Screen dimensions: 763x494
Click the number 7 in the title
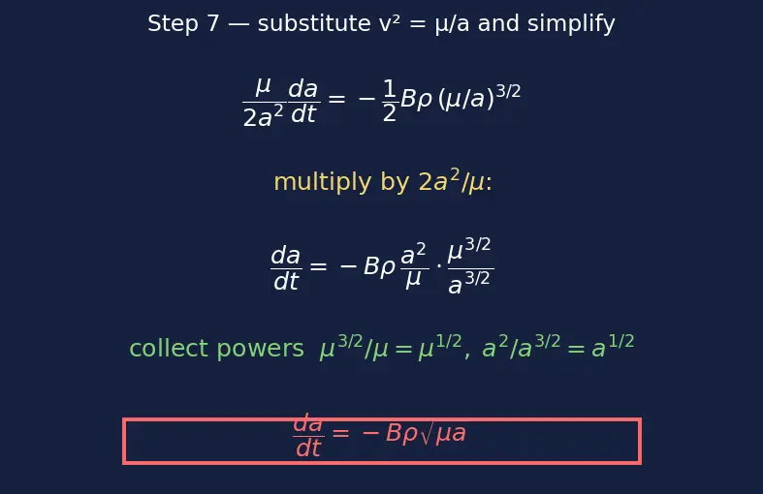coord(212,23)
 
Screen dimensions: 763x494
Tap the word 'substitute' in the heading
coord(314,23)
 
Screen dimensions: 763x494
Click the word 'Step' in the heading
coord(173,24)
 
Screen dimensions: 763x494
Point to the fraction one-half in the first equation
coord(390,101)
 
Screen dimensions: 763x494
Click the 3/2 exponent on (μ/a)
coord(508,91)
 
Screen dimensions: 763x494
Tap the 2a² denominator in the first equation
coord(263,116)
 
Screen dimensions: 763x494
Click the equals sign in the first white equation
coord(336,99)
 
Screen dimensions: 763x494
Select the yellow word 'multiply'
coord(323,182)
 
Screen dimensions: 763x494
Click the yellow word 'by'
coord(395,182)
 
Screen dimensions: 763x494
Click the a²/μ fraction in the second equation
coord(414,265)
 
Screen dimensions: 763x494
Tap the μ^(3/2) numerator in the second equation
coord(469,250)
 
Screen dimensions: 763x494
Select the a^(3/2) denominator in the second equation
coord(469,283)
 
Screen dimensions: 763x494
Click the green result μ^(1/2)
coord(440,347)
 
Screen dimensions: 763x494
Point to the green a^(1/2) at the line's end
coord(613,347)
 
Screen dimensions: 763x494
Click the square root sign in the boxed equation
coord(426,434)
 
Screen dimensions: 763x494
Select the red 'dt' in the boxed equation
coord(308,448)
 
